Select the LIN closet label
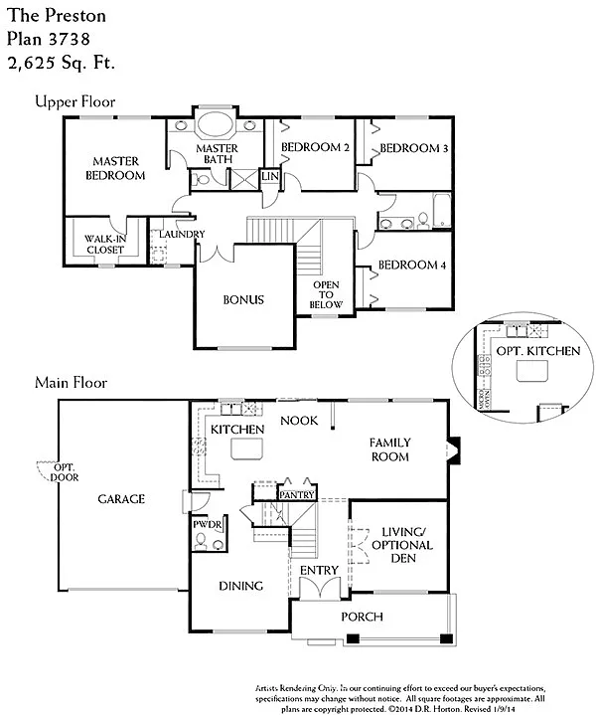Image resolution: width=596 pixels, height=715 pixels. point(269,176)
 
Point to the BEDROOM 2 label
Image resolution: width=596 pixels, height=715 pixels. point(315,148)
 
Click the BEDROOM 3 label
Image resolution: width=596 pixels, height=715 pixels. point(413,148)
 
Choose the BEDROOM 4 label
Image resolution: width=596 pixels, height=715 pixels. point(413,266)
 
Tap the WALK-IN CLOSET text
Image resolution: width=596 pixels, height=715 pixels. point(104,244)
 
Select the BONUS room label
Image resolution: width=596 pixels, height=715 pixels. point(242,299)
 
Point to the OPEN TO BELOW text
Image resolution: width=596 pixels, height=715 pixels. point(326,295)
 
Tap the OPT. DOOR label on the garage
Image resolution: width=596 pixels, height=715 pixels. point(64,472)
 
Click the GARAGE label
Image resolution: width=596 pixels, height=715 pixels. point(121,499)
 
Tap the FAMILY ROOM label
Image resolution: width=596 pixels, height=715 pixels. point(389,449)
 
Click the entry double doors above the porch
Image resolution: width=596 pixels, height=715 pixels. point(320,589)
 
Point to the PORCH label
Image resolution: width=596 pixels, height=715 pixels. point(362,617)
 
